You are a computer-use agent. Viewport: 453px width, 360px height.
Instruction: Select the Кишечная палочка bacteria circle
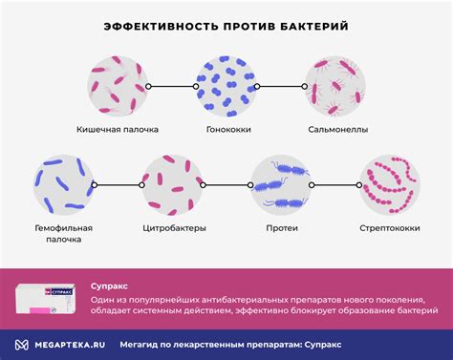coord(117,84)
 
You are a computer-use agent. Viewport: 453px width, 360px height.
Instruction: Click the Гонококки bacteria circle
coord(226,84)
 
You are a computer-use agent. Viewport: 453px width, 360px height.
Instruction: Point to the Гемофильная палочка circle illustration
coord(62,185)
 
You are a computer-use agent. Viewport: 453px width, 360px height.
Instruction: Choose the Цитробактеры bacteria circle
coord(172,185)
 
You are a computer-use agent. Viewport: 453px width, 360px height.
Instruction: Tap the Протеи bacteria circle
coord(281,185)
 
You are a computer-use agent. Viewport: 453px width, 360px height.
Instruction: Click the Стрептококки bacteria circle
coord(391,185)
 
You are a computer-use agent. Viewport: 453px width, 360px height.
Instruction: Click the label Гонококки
coord(226,129)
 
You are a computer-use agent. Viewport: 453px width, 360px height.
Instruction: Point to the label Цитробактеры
coord(172,229)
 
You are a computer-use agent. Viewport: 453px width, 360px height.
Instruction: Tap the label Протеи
coord(281,229)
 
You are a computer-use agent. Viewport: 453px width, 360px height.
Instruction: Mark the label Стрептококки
coord(391,229)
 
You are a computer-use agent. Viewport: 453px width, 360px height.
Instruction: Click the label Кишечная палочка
coord(117,129)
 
